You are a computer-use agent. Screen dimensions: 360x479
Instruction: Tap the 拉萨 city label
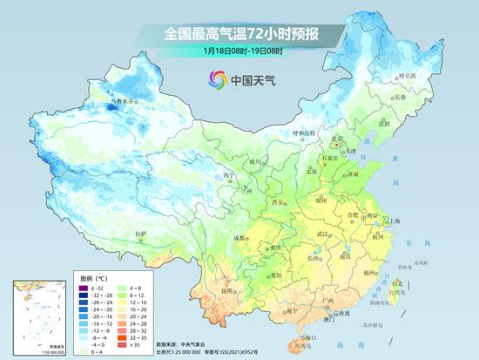[x=142, y=234]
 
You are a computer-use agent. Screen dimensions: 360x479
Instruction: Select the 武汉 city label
[x=325, y=234]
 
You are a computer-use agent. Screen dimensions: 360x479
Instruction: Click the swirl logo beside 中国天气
[x=215, y=80]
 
